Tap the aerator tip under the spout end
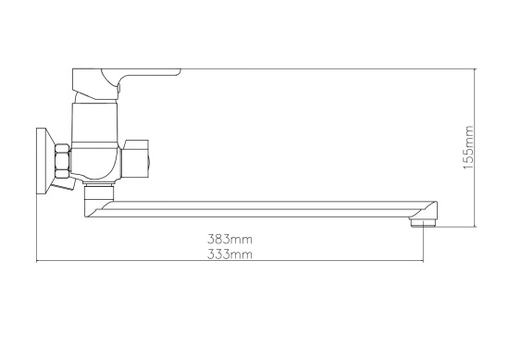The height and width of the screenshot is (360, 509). (428, 222)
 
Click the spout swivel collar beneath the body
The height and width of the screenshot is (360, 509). (95, 192)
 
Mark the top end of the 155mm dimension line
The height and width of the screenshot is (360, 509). (476, 67)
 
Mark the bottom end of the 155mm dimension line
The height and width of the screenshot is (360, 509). (476, 228)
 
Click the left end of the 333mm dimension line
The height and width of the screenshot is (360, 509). (35, 262)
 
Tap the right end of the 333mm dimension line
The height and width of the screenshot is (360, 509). (424, 262)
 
